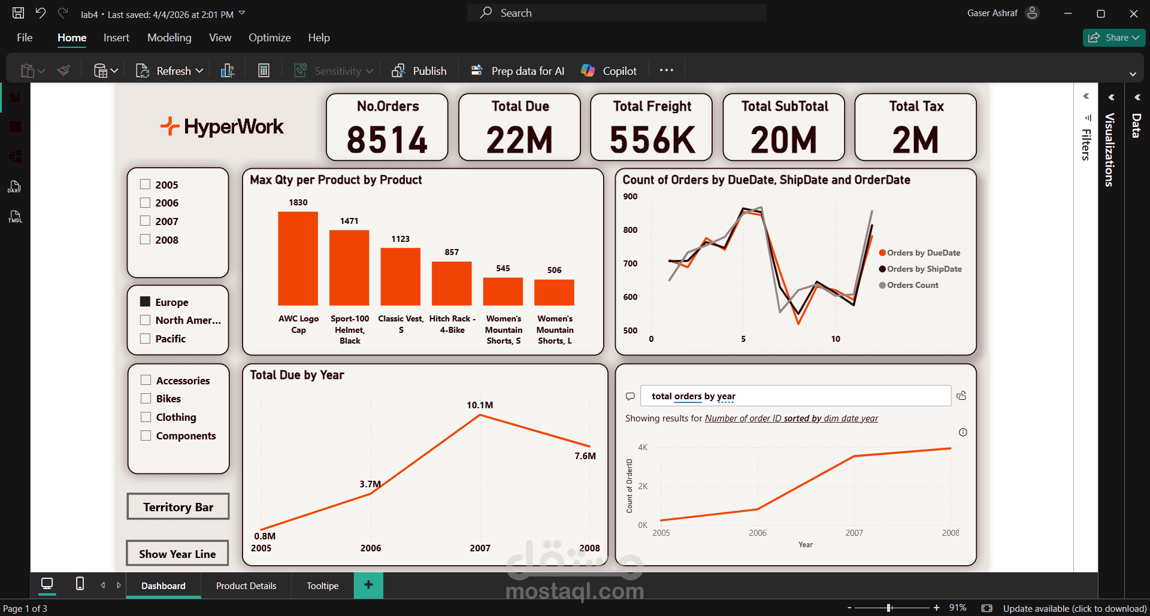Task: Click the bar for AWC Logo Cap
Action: [x=298, y=259]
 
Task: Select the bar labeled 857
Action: [x=452, y=283]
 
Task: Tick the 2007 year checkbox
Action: [x=145, y=221]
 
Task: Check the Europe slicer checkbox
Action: [x=145, y=302]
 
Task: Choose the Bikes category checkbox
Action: [x=146, y=398]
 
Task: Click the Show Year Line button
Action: [x=177, y=554]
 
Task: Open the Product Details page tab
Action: [x=246, y=585]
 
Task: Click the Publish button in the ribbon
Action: [x=419, y=71]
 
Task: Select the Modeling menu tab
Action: [x=169, y=38]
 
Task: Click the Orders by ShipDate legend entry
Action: [x=924, y=269]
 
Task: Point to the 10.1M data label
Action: [x=480, y=405]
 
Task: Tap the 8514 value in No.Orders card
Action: [x=387, y=140]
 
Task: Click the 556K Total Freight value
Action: [x=652, y=140]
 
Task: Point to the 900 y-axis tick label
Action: [x=630, y=196]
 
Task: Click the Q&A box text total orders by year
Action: [x=694, y=396]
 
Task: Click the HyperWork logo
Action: [x=222, y=126]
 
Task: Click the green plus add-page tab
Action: [x=368, y=585]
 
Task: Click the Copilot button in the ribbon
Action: [x=609, y=71]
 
